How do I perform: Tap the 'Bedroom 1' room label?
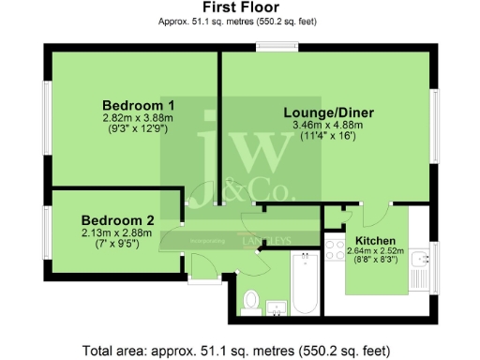(x=138, y=104)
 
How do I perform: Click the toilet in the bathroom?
(x=250, y=301)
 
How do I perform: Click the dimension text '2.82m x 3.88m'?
(x=138, y=118)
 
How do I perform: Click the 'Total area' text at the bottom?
(x=239, y=351)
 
